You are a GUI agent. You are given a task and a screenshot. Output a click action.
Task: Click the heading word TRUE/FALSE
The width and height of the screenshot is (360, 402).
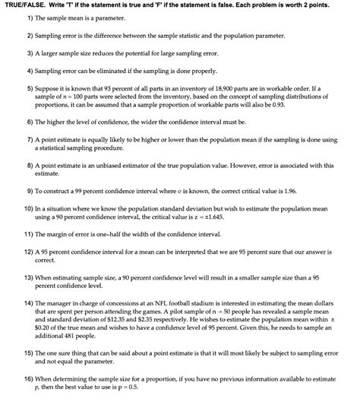(24, 6)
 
